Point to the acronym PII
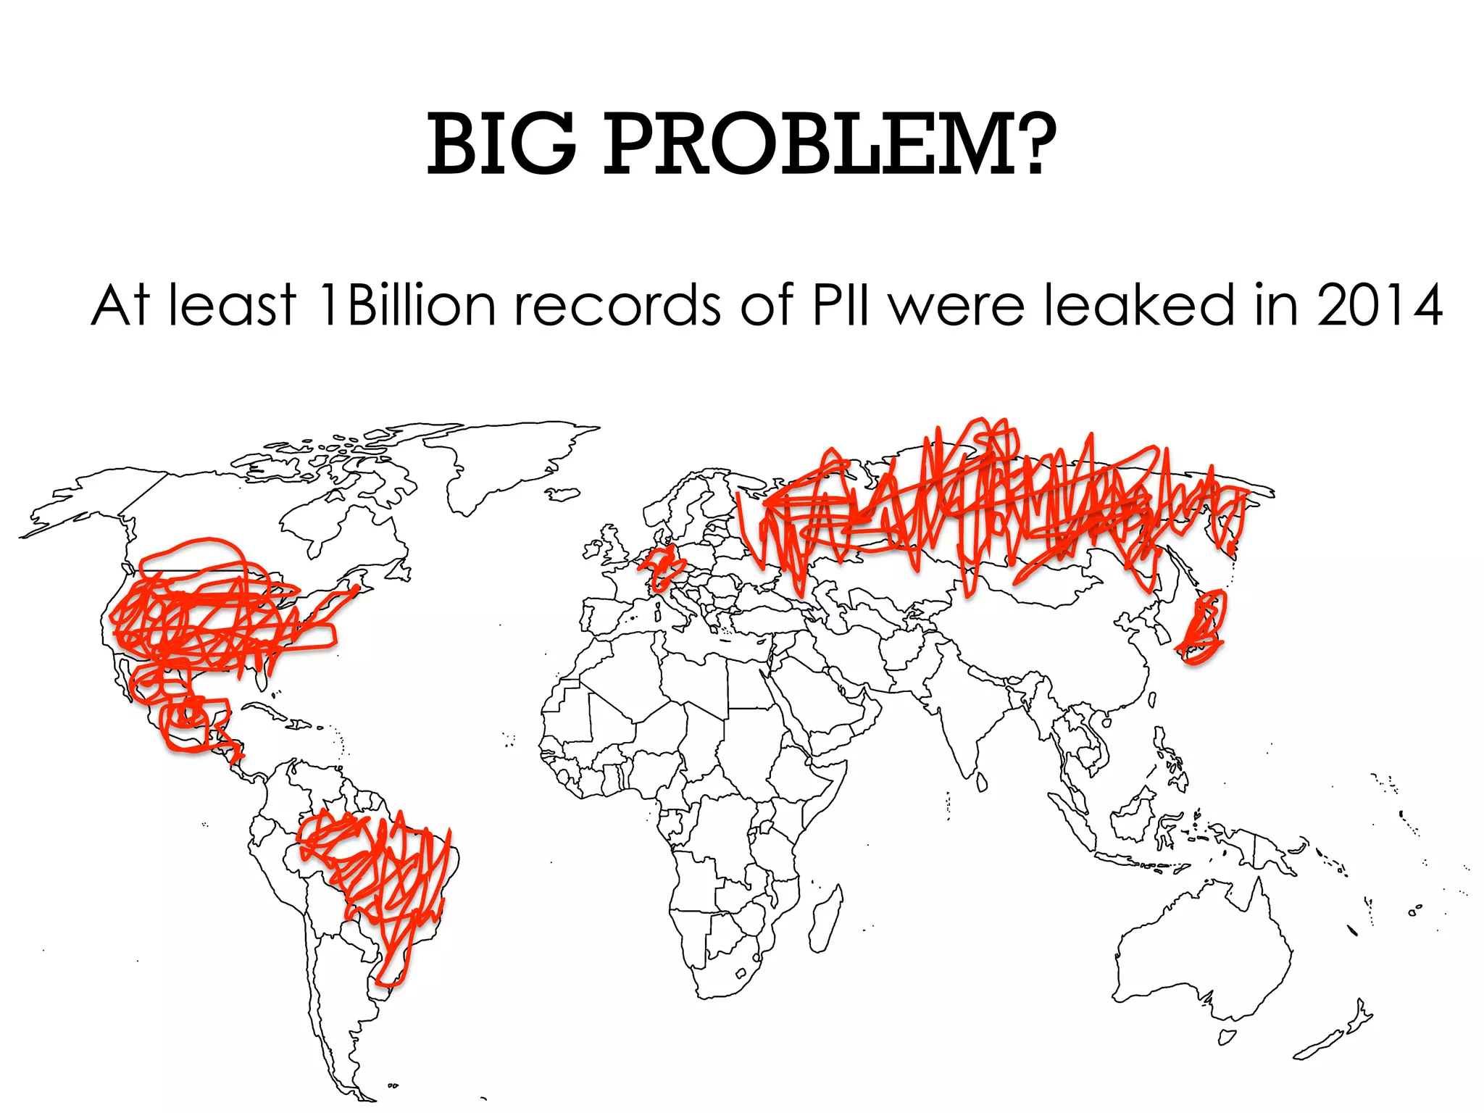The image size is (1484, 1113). (841, 306)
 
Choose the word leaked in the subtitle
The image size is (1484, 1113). (1138, 306)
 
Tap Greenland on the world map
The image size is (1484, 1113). (507, 457)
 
